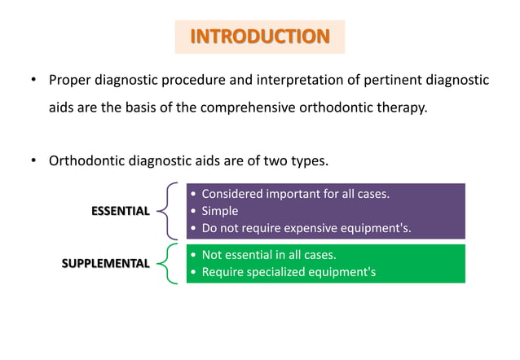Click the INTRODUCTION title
(x=260, y=37)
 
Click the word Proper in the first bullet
(x=69, y=80)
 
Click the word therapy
(x=399, y=108)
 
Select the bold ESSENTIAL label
(x=120, y=211)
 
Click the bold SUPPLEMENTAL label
(x=106, y=263)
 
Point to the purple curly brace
(x=168, y=211)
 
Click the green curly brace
(x=168, y=263)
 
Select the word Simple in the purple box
(x=220, y=211)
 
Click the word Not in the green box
(x=213, y=255)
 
